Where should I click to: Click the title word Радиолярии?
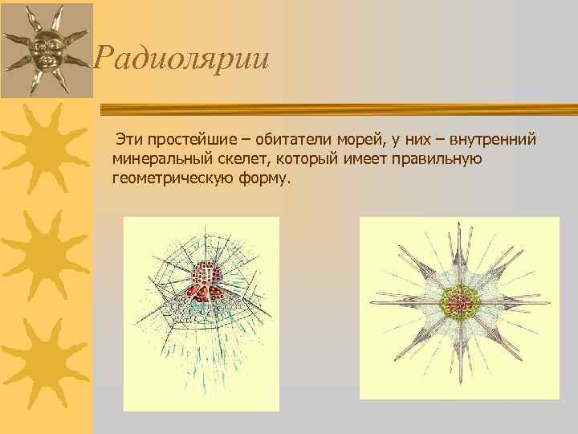tap(181, 59)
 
